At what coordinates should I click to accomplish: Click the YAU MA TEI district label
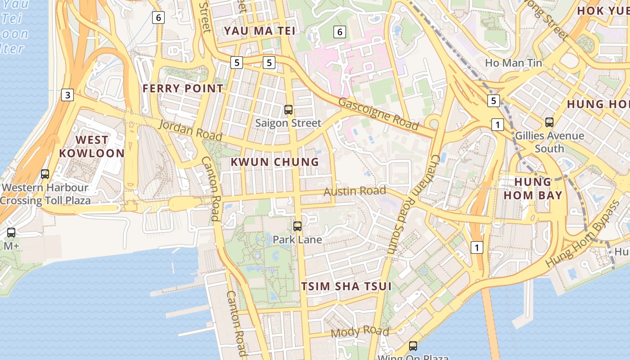tap(260, 31)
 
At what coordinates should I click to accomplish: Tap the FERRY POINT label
tap(183, 88)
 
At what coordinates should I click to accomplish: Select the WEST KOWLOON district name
tap(92, 146)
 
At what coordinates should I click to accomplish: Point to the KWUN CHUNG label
tap(274, 162)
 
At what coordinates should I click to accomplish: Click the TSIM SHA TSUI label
tap(346, 286)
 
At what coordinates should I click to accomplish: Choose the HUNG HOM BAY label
tap(533, 189)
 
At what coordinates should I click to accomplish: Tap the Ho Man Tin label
tap(513, 63)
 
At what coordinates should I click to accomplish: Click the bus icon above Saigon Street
tap(288, 109)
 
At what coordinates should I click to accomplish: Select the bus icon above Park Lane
tap(297, 226)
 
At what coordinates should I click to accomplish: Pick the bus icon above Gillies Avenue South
tap(549, 122)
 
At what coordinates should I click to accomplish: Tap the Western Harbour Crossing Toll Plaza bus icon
tap(45, 174)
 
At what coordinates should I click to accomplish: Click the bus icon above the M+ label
tap(11, 233)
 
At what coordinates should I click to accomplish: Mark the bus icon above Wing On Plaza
tap(413, 346)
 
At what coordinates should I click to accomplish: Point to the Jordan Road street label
tap(190, 130)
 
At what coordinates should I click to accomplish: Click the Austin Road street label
tap(355, 191)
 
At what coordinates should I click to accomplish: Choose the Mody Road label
tap(360, 332)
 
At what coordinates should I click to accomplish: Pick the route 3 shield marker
tap(67, 95)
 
